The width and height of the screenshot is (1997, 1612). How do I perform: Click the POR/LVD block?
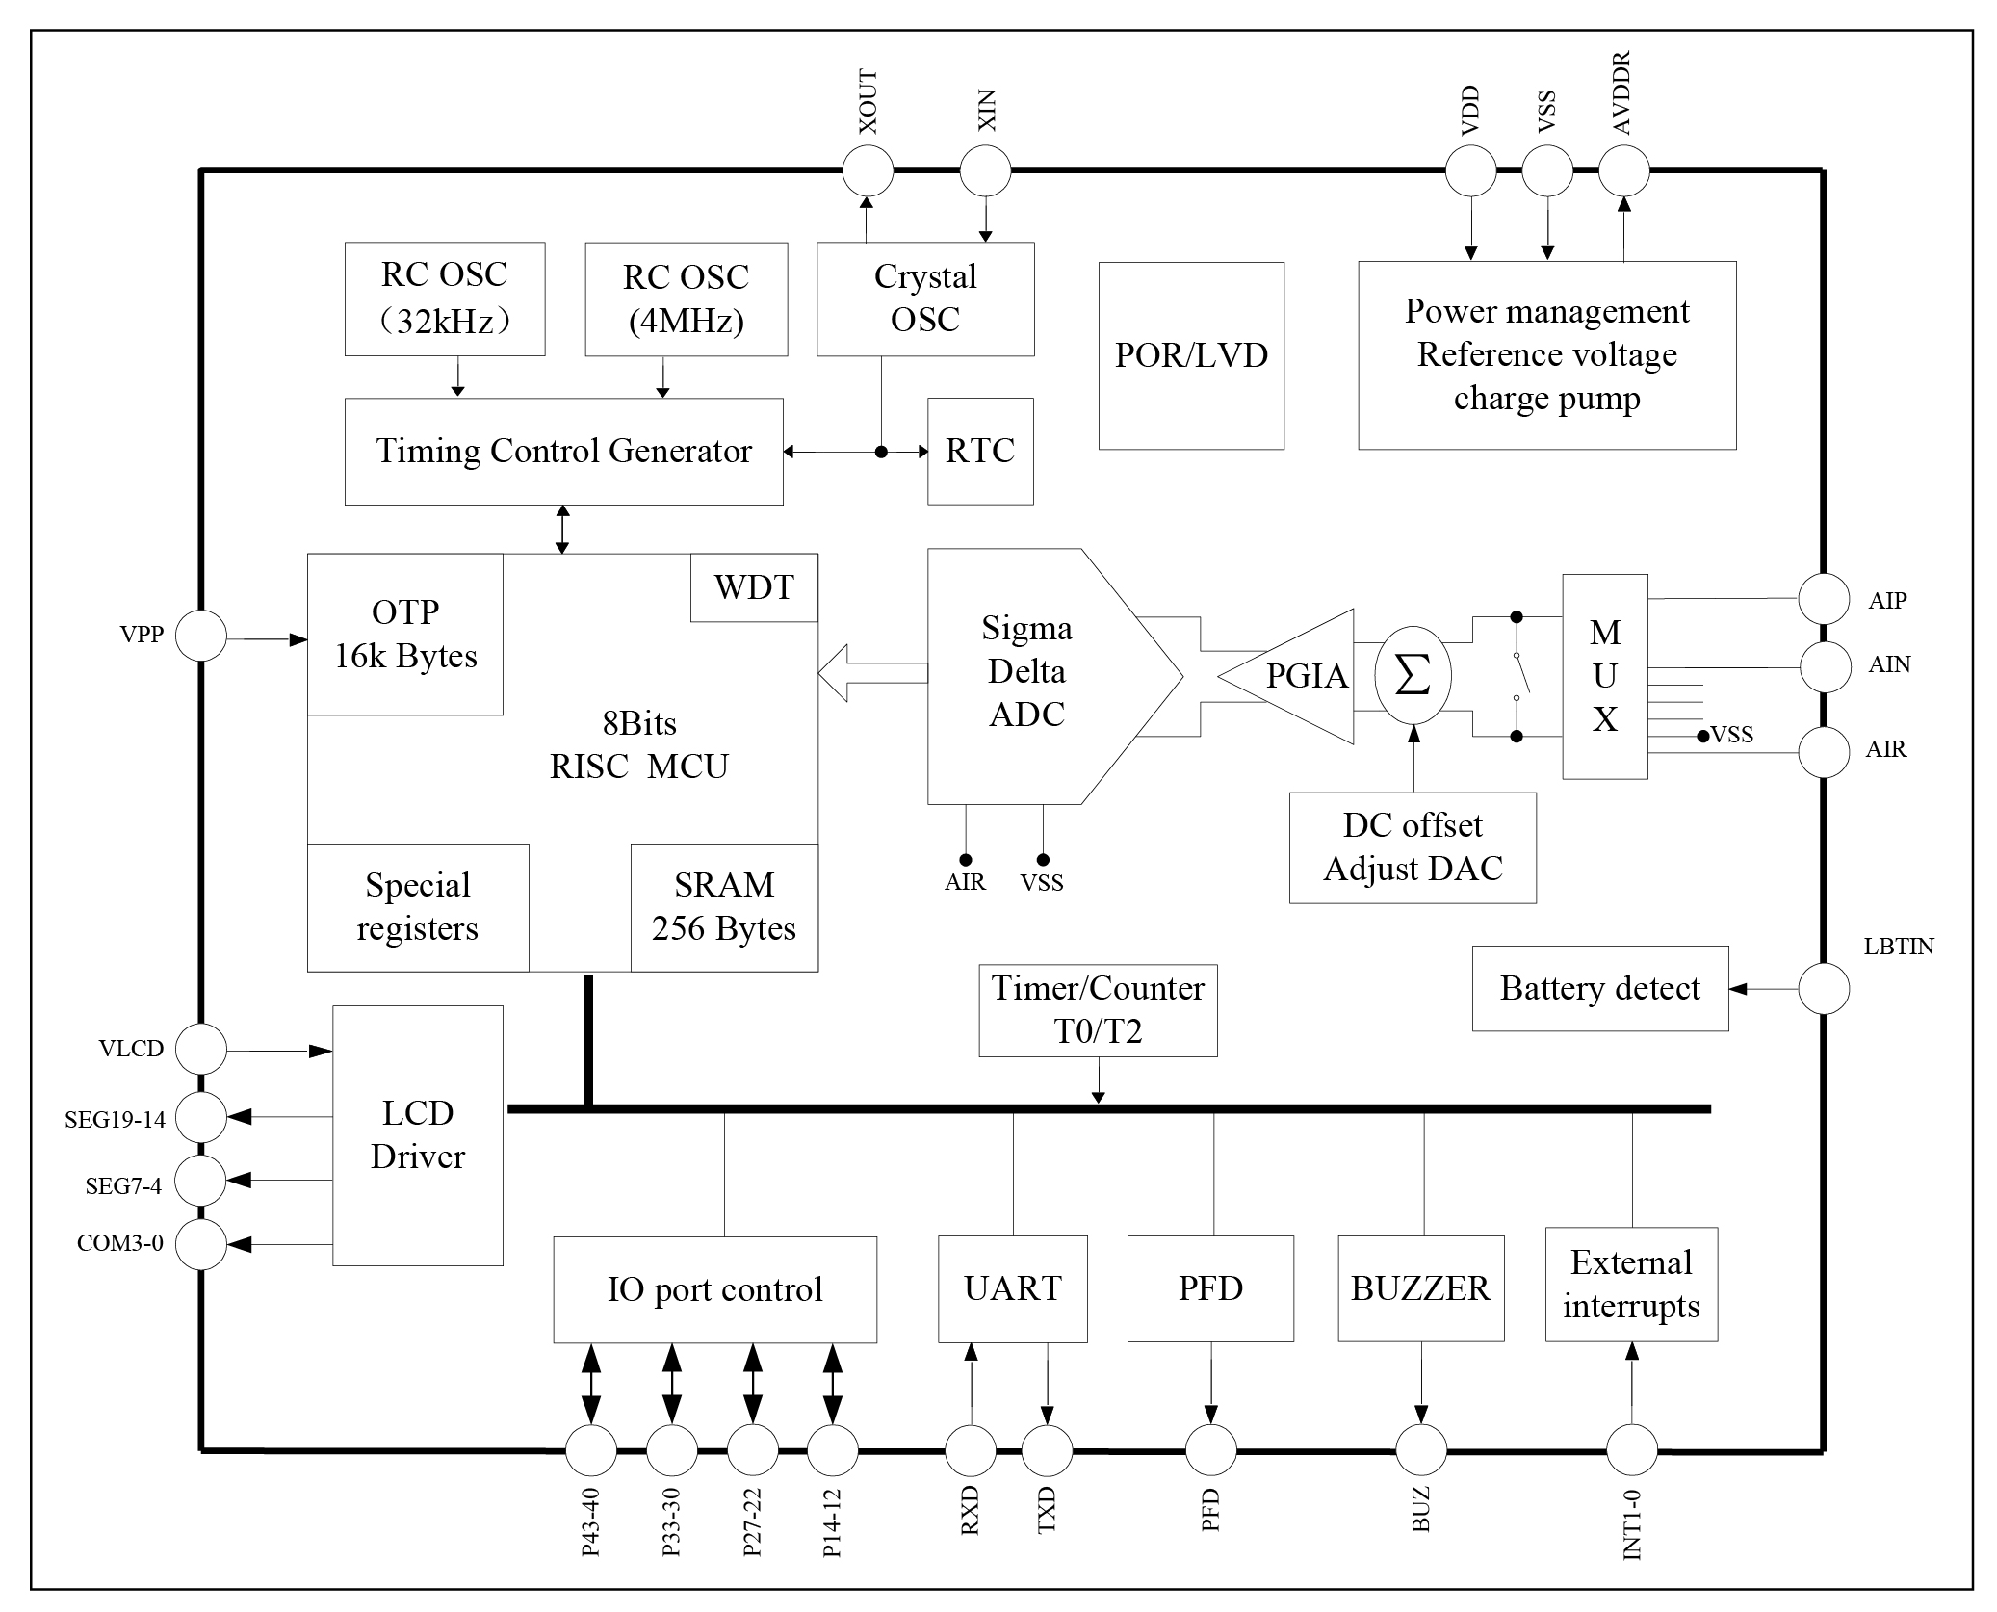1191,355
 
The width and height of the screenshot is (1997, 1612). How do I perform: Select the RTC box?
980,451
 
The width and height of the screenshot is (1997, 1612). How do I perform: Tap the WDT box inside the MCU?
754,587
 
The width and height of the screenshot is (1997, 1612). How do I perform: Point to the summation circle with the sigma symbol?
1413,676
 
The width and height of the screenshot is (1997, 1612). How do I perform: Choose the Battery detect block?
1599,989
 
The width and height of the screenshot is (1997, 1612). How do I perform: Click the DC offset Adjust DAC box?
1413,847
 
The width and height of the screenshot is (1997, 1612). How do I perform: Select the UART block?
1012,1288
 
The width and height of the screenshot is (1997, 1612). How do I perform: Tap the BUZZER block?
1420,1288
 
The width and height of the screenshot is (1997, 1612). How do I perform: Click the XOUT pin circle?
868,171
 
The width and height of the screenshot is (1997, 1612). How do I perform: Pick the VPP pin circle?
201,636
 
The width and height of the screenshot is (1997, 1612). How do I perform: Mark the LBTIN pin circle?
1824,988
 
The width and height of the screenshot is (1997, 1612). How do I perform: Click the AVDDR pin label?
1621,93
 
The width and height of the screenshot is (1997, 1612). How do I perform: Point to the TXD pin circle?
1047,1450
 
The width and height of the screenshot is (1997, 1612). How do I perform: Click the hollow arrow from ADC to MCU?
871,673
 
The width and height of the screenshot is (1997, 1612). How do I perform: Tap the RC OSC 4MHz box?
686,299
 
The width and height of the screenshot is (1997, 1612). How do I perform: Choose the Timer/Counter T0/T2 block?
1098,1010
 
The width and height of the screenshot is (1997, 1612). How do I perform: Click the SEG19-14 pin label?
115,1120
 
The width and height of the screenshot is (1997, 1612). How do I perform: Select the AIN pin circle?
1825,666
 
